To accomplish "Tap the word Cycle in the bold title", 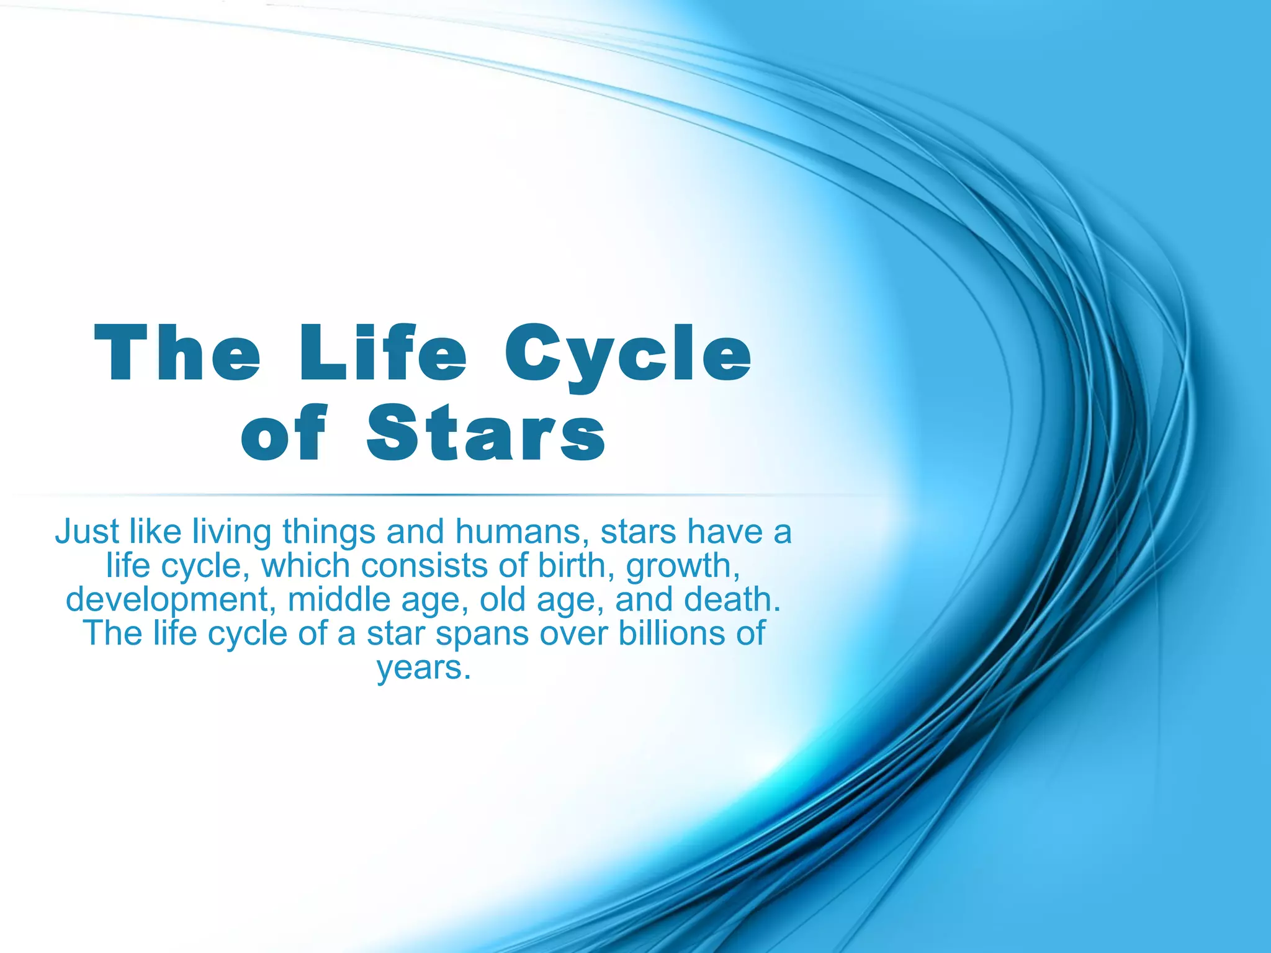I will coord(627,354).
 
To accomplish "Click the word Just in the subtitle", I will coord(87,532).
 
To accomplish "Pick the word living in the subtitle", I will coord(231,533).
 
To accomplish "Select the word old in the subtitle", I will coord(502,599).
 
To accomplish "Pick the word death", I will coord(732,599).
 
